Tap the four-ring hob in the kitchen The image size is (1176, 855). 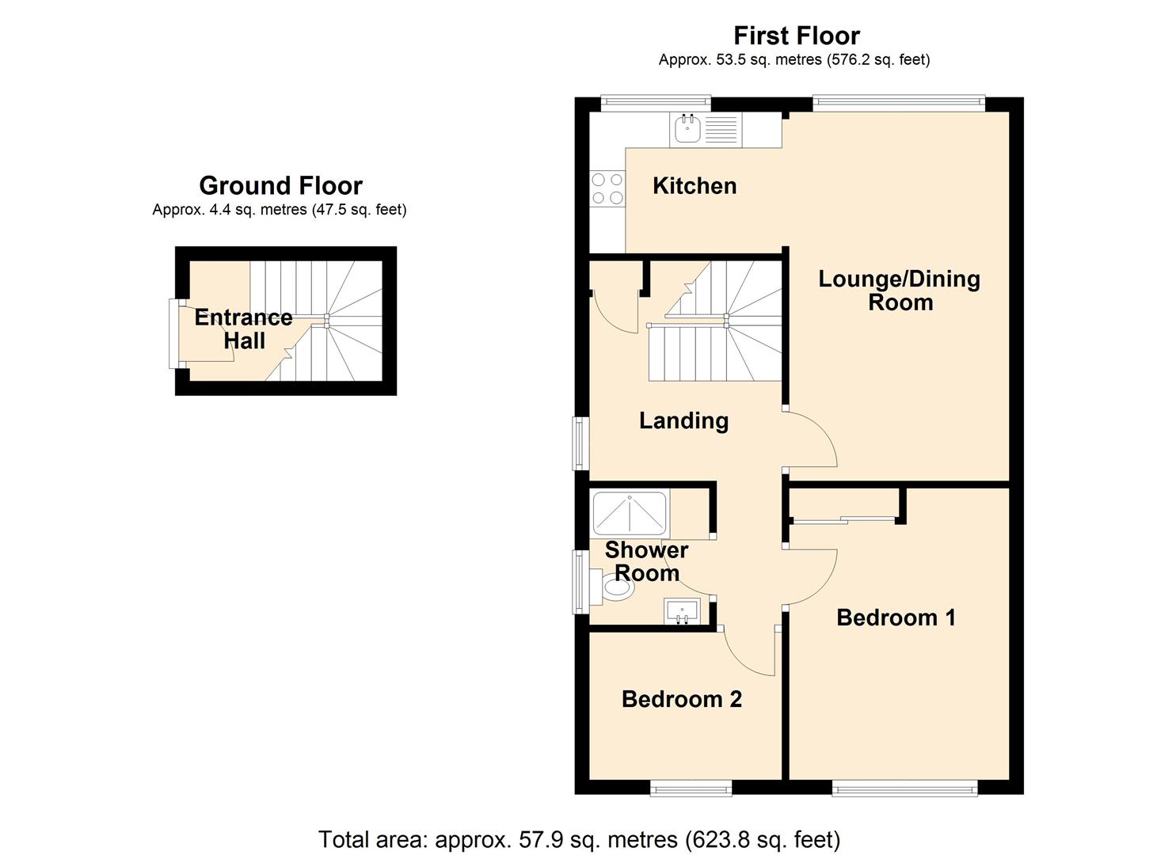click(607, 189)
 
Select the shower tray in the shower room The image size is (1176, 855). click(630, 513)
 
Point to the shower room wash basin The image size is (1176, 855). click(682, 612)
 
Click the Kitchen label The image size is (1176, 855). click(695, 186)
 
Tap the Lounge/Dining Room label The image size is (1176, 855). click(899, 291)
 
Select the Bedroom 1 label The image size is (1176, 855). click(896, 617)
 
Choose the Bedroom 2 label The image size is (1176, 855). click(681, 699)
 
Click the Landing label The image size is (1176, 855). click(683, 420)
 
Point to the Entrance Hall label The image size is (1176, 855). click(244, 329)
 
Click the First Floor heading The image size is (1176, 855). click(796, 36)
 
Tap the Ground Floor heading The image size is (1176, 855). click(280, 185)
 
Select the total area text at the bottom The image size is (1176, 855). click(579, 839)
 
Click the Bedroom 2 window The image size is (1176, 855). click(691, 788)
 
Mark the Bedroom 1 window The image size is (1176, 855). click(904, 788)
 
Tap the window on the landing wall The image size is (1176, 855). click(581, 443)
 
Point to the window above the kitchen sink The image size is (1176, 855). click(655, 103)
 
